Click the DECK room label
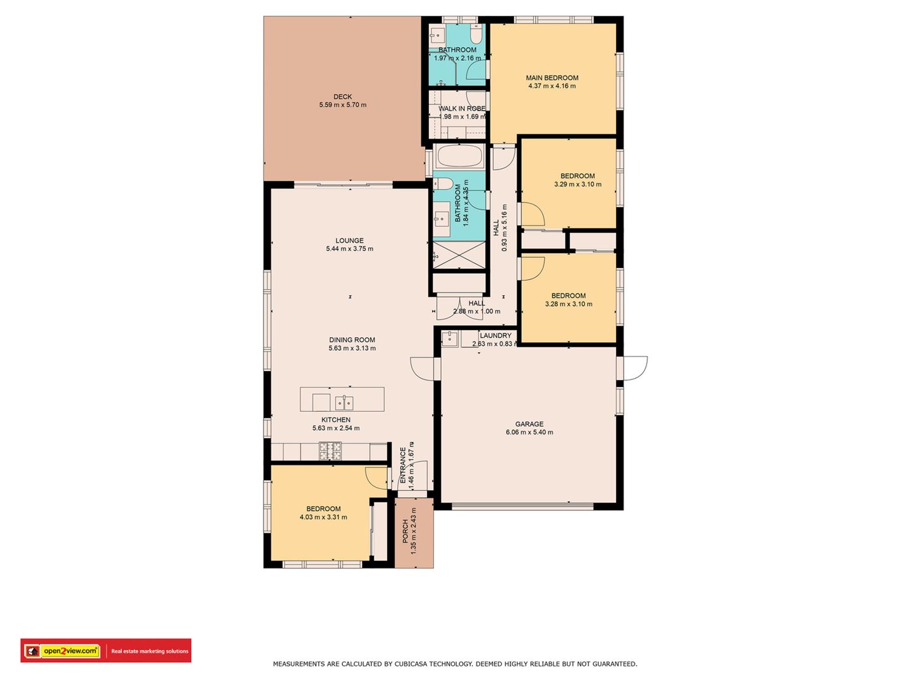(x=342, y=97)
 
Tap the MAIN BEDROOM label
(x=552, y=78)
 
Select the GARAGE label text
(x=529, y=424)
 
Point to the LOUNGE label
(x=349, y=240)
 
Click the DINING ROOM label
(x=352, y=340)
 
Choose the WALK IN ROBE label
(x=462, y=109)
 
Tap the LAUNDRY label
(x=495, y=335)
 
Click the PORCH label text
(x=406, y=531)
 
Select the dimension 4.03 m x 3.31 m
(x=323, y=517)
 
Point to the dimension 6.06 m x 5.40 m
(x=529, y=432)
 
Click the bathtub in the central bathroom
(x=459, y=156)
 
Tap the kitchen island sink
(x=345, y=402)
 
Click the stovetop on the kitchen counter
(x=330, y=451)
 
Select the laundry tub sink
(x=450, y=338)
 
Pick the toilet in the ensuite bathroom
(x=476, y=34)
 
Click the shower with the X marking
(x=459, y=255)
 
